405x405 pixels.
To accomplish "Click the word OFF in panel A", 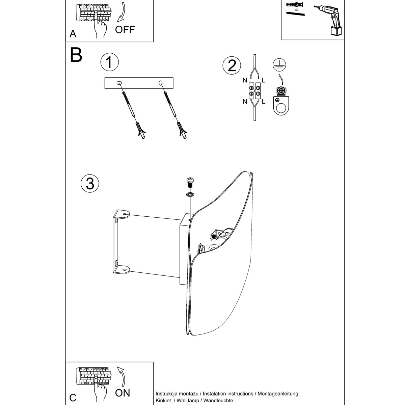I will (125, 29).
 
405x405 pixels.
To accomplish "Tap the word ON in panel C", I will (122, 393).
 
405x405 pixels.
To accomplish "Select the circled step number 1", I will (109, 63).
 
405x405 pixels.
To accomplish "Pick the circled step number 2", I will (232, 65).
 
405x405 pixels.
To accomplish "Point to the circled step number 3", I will (90, 183).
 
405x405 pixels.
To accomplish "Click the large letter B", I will (76, 55).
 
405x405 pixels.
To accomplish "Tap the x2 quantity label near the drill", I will (297, 10).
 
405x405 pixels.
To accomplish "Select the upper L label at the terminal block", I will (264, 80).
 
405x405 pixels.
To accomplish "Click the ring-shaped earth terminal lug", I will (280, 108).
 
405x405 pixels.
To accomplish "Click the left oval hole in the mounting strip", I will (119, 83).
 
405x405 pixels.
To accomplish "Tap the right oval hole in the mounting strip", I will (160, 83).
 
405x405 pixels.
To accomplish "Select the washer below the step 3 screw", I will (191, 194).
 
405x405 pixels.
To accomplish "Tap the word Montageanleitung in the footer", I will (277, 394).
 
